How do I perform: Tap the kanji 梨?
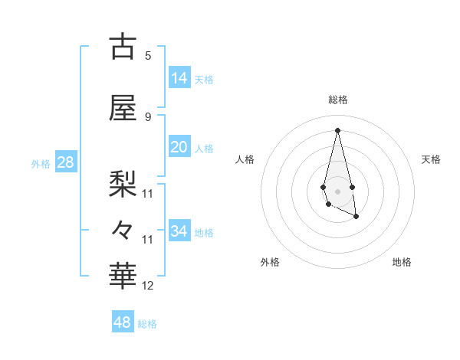(122, 182)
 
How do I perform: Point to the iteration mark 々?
(122, 229)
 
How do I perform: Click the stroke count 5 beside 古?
(148, 55)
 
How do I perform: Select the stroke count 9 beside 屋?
(148, 116)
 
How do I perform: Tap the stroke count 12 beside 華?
(148, 286)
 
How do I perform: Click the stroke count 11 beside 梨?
(148, 193)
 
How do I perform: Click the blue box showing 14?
(179, 78)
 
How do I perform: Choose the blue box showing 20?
(179, 148)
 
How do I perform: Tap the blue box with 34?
(179, 231)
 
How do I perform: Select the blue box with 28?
(65, 162)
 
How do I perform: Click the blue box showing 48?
(123, 322)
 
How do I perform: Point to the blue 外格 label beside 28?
(41, 163)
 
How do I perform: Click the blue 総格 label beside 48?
(147, 323)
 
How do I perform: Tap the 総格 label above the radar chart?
(338, 100)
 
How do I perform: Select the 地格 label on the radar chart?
(402, 262)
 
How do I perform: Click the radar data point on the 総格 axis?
(337, 129)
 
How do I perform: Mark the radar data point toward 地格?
(356, 217)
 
